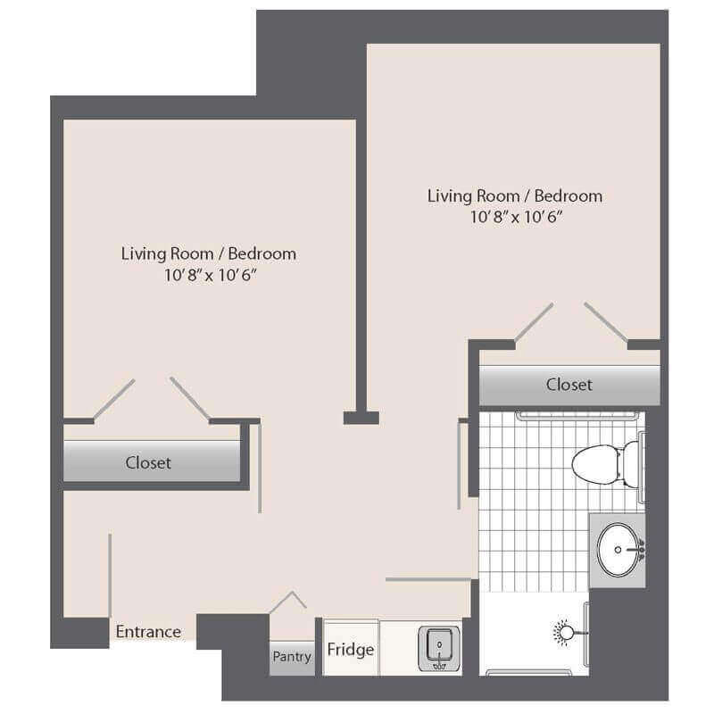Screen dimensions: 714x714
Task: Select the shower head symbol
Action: [566, 633]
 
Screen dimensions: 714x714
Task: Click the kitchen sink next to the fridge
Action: [439, 649]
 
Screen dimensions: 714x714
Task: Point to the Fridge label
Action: [350, 650]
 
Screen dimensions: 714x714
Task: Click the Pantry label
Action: [292, 657]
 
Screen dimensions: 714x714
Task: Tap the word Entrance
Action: [148, 632]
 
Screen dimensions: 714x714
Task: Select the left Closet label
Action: [148, 462]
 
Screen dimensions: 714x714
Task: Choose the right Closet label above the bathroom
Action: [569, 385]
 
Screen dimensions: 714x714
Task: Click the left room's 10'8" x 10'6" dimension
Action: [211, 275]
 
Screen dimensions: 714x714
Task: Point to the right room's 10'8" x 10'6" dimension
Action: [517, 217]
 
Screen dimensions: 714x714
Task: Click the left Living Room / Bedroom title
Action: [209, 253]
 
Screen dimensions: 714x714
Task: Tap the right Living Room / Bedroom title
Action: [515, 195]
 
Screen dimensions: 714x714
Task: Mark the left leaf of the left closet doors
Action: [114, 398]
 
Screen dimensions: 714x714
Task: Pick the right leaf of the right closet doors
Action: [606, 321]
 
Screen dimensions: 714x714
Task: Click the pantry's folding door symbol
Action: [287, 602]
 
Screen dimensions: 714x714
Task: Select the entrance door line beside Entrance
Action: [110, 576]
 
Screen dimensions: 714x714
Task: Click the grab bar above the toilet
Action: [576, 415]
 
